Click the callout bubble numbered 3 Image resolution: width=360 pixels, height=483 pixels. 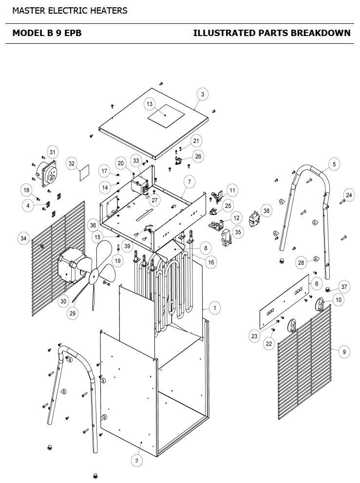203,94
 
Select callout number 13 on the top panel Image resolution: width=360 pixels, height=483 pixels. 150,104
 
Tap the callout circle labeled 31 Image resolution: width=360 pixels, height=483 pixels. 53,152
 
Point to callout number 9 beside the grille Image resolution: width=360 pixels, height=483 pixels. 344,352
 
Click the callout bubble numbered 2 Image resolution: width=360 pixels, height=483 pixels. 136,461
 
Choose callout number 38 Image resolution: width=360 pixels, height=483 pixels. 266,211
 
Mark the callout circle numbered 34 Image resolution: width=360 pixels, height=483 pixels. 24,238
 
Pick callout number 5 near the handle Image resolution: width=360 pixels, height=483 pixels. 334,164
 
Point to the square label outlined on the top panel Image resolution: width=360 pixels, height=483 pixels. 166,116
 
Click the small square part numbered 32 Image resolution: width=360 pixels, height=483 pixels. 84,173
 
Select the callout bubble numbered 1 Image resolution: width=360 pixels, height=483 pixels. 215,308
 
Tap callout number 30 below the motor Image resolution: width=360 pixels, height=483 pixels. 63,301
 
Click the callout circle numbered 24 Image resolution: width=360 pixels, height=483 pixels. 349,195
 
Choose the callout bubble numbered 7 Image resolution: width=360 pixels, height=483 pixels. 189,182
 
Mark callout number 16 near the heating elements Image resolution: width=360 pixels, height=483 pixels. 211,262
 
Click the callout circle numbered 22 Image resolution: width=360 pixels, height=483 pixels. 269,343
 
